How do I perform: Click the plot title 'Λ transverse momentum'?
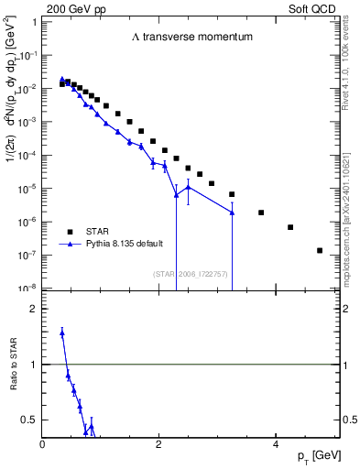[191, 38]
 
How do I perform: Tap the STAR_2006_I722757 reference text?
[189, 274]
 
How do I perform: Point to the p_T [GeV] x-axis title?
[315, 456]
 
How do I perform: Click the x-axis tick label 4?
[276, 444]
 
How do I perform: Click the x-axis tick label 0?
[43, 444]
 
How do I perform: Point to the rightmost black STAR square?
[320, 250]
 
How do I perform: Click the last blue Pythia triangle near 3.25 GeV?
[232, 213]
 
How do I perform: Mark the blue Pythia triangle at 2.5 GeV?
[188, 188]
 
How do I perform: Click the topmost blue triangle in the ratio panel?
[61, 333]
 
